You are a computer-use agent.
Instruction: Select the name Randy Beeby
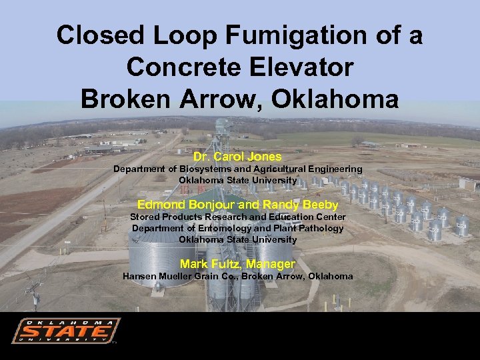click(x=301, y=205)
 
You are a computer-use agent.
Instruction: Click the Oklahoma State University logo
click(x=66, y=331)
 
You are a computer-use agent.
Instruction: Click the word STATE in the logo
click(x=65, y=332)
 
